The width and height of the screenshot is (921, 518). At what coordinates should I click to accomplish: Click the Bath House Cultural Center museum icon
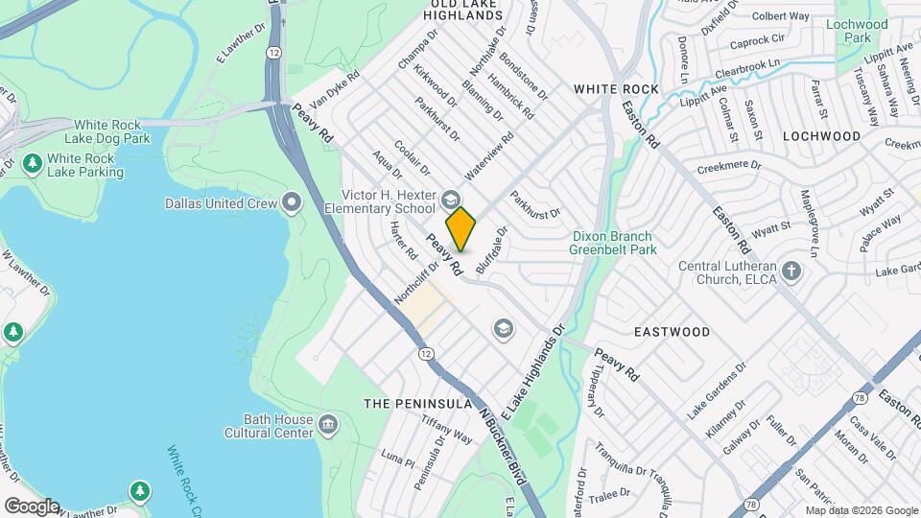pos(328,424)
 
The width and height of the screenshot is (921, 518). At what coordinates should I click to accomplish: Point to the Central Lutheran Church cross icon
pos(791,271)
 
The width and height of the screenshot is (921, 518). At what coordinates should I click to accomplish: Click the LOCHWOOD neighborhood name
pos(821,137)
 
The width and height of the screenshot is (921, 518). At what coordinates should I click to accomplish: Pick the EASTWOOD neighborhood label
pos(672,332)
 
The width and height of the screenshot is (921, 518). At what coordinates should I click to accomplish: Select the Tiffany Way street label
pos(450,436)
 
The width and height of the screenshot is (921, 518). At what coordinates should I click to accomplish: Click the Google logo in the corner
pos(32,506)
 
